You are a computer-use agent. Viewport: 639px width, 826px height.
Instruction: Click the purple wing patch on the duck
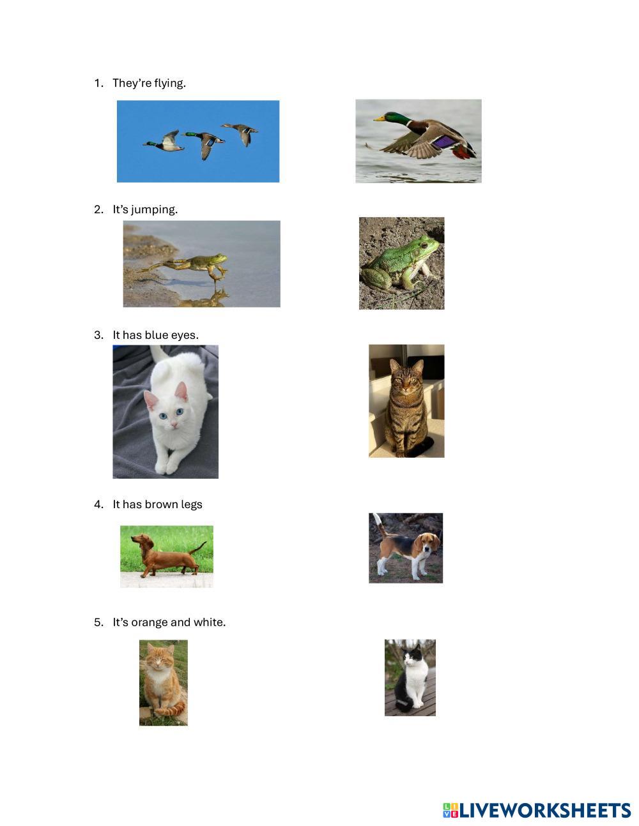pos(443,142)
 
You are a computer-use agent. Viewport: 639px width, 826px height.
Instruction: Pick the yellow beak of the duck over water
pos(379,118)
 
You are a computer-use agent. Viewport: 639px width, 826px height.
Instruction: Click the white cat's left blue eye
pos(163,416)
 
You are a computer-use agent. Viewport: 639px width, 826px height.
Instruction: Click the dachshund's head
pos(140,540)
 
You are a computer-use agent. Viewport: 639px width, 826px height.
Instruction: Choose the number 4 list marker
pos(98,505)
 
